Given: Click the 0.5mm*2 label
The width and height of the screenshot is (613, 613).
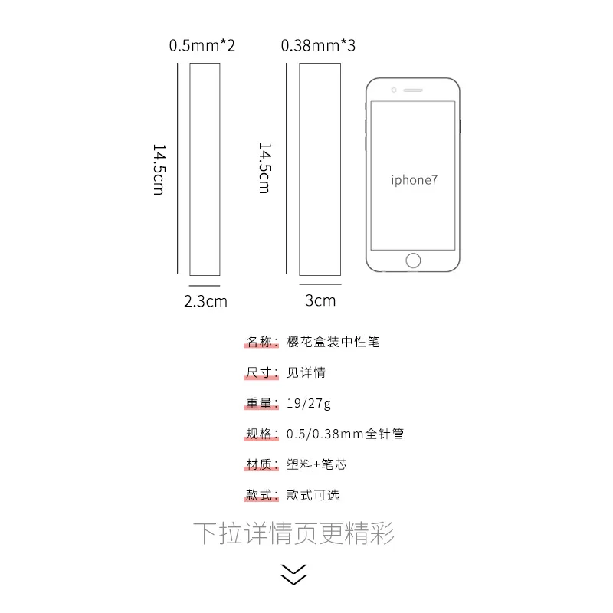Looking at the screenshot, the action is click(202, 45).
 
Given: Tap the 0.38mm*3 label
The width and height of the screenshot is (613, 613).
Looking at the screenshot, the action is click(318, 45).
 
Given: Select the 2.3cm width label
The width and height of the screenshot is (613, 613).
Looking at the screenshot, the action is click(205, 300).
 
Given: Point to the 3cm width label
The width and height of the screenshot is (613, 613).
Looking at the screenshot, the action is click(320, 300).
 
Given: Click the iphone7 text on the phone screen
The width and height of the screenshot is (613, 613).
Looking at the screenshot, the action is click(414, 180).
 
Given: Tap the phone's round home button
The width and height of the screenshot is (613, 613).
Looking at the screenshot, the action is click(414, 260).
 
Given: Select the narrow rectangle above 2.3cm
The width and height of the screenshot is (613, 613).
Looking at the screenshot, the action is click(205, 169).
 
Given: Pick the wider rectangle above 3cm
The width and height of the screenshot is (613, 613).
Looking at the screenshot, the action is click(320, 169).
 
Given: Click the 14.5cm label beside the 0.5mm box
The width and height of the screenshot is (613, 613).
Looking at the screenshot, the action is click(159, 169).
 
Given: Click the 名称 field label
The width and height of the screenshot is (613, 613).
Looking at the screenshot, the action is click(259, 342).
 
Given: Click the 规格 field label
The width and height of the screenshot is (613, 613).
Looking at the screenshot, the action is click(259, 434).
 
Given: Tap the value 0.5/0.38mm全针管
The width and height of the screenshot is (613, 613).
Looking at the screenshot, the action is click(345, 434).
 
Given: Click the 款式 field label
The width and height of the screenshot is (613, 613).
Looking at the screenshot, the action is click(259, 495).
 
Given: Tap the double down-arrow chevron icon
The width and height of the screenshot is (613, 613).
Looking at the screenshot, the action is click(293, 574).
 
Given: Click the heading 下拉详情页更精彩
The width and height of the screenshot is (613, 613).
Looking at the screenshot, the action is click(293, 533).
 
